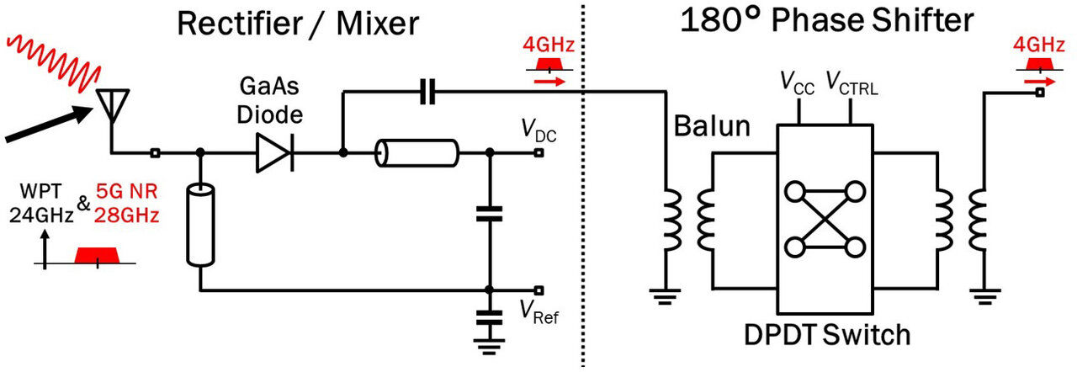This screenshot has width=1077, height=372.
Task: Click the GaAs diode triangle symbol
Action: (274, 153)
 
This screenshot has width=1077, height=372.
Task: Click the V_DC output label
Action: (539, 132)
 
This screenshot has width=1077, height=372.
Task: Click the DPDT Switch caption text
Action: (827, 335)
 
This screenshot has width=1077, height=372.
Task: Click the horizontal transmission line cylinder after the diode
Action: (417, 154)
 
